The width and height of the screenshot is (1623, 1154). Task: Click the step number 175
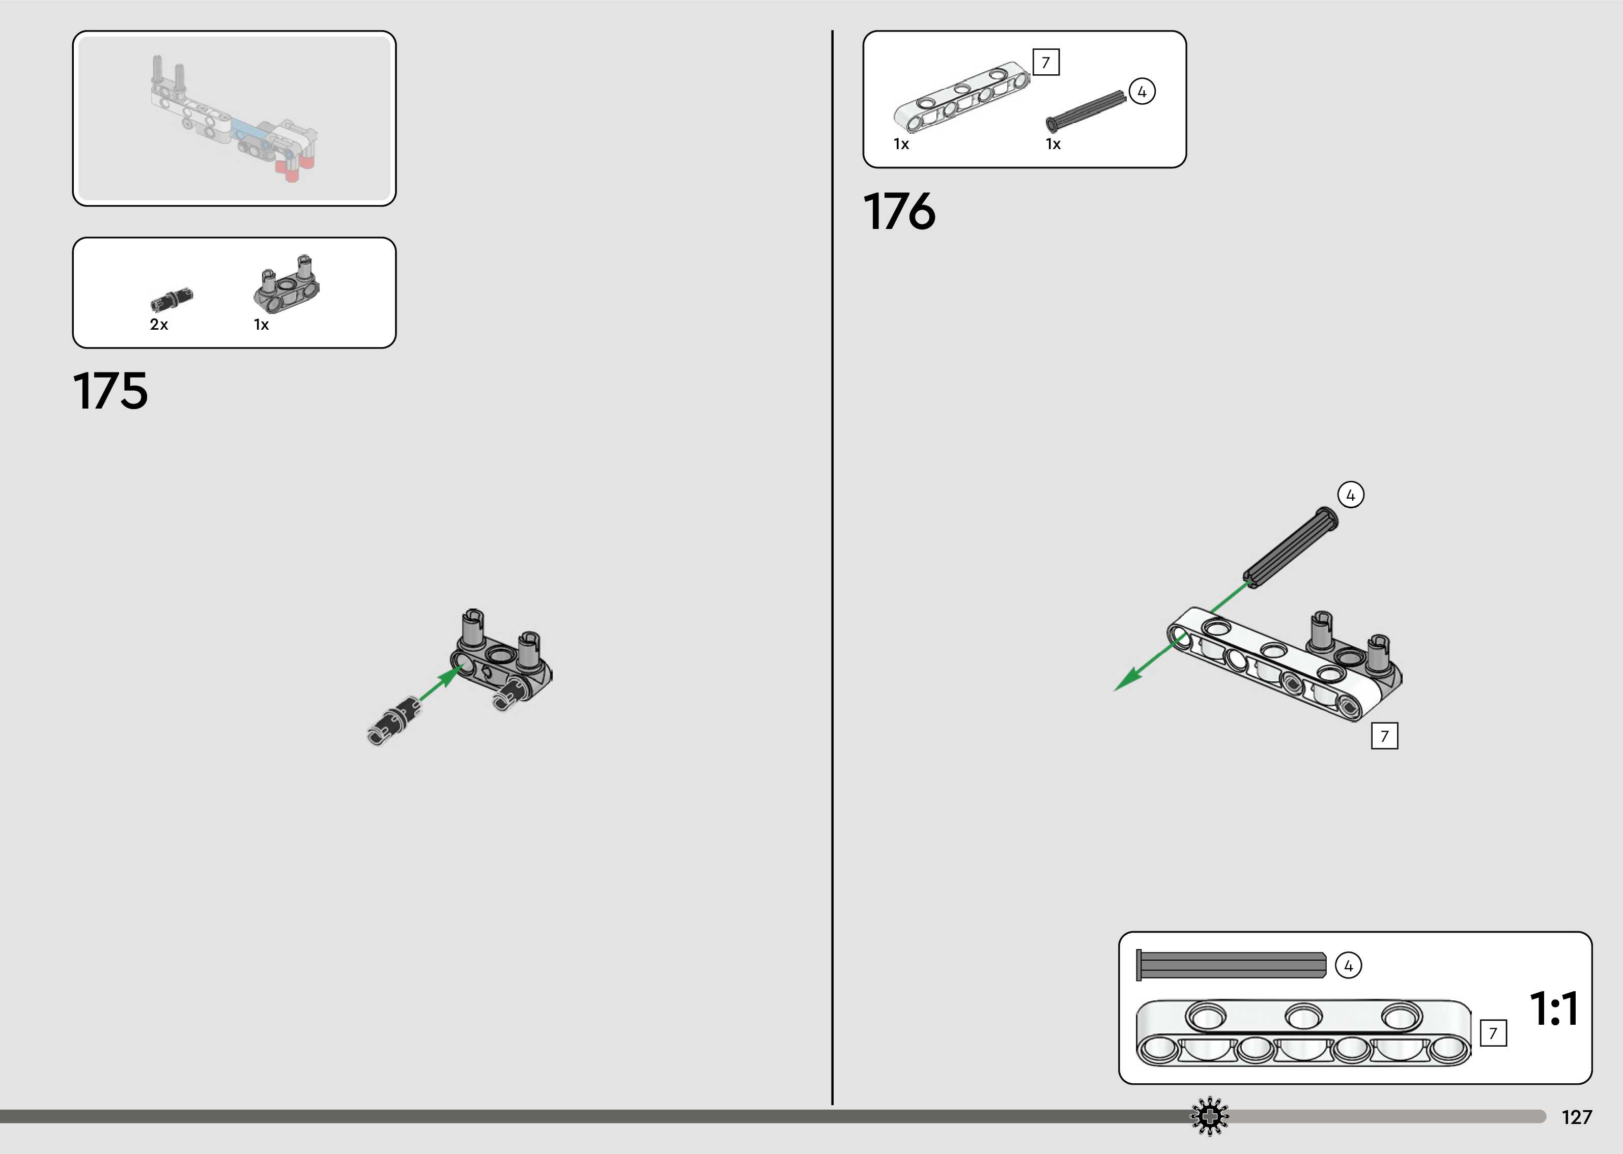[111, 390]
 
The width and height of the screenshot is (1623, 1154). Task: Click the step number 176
[900, 211]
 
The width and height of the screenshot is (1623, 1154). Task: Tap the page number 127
[1576, 1117]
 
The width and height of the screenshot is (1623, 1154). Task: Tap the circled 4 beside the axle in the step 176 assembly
[1351, 495]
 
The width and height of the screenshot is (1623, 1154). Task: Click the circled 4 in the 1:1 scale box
[1349, 966]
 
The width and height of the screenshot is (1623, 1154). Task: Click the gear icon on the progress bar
[1209, 1116]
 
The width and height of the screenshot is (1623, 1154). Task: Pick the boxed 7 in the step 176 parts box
[1045, 63]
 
